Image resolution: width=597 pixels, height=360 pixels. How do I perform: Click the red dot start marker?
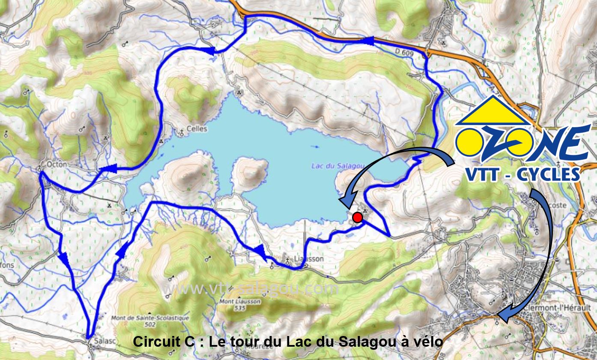pyautogui.click(x=358, y=218)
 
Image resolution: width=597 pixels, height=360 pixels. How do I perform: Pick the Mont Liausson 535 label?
pyautogui.click(x=233, y=304)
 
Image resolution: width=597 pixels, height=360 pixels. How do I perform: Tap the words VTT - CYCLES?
pyautogui.click(x=522, y=174)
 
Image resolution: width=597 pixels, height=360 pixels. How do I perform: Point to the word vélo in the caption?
pyautogui.click(x=428, y=342)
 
